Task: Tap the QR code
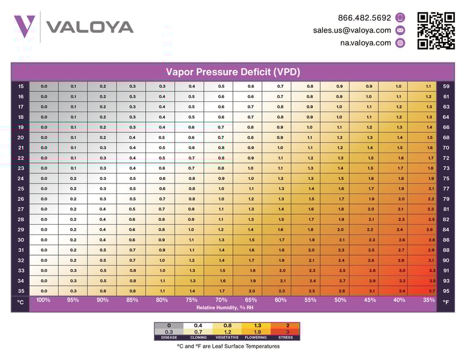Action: [x=436, y=31]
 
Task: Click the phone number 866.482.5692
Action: [x=365, y=17]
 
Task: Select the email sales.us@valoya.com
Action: [x=352, y=30]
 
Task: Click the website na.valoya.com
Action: [x=366, y=43]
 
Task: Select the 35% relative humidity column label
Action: [x=429, y=300]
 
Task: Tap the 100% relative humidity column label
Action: [x=43, y=300]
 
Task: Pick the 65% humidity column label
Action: [x=251, y=300]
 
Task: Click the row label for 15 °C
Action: [x=20, y=86]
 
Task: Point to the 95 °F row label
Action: [x=446, y=291]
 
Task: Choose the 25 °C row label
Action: [x=20, y=189]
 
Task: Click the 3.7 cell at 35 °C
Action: [x=430, y=291]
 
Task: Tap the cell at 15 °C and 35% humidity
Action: [x=429, y=86]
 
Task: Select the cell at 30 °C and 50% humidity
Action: [x=341, y=239]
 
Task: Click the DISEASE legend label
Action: [x=169, y=337]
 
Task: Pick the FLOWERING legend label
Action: [x=256, y=337]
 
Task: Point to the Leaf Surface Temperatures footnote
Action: [x=228, y=346]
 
